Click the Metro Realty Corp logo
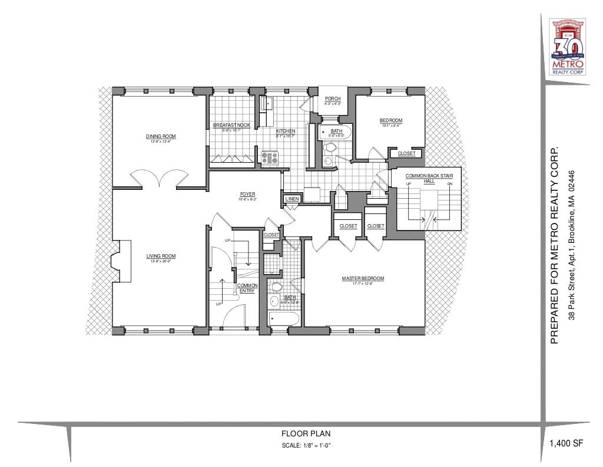tap(567, 46)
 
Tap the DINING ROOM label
tap(161, 137)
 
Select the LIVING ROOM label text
tap(161, 256)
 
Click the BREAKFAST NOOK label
tap(231, 126)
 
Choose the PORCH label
tap(333, 98)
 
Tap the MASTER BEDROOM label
tap(363, 279)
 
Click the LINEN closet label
tap(293, 200)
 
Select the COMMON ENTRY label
tap(247, 288)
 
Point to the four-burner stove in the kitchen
tap(270, 157)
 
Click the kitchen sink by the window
tap(266, 104)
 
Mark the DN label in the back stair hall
tap(449, 185)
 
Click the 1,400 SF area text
tap(566, 444)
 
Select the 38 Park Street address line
tap(571, 245)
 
